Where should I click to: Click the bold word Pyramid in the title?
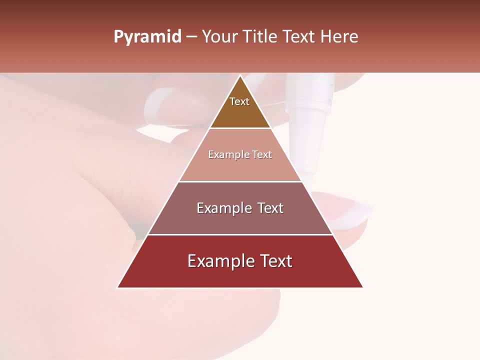tap(147, 37)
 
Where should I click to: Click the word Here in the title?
tap(339, 37)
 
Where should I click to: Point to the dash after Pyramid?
tap(191, 37)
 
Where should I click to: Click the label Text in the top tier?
tap(239, 102)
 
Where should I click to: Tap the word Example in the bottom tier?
tap(219, 261)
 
